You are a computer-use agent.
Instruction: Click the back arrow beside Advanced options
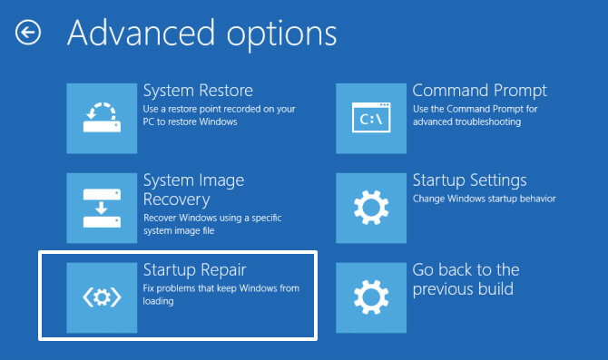pos(28,34)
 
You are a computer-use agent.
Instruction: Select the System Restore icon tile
pos(101,116)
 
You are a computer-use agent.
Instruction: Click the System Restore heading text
pos(198,91)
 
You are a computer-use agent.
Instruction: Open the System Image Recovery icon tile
pos(101,207)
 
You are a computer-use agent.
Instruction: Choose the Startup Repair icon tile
pos(101,297)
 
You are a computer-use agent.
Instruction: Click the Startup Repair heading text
pos(195,269)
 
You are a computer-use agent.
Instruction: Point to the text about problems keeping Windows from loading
pos(221,295)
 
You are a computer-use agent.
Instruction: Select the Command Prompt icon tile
pos(370,116)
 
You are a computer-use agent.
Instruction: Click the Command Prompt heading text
pos(479,91)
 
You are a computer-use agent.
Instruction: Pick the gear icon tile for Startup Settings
pos(370,207)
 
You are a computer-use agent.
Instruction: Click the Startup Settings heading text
pos(469,180)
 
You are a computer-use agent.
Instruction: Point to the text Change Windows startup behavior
pos(484,199)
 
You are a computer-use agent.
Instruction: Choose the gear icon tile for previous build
pos(370,297)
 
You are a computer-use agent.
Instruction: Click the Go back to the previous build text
pos(466,279)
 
